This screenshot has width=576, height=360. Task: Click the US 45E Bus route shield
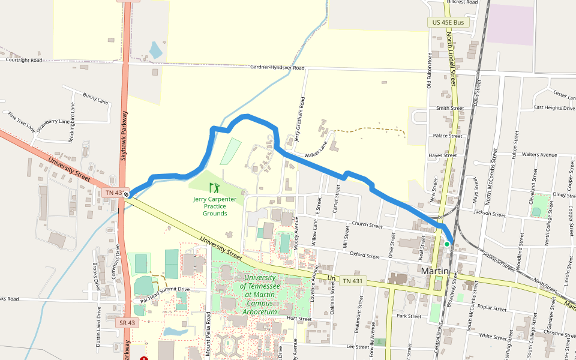pos(448,22)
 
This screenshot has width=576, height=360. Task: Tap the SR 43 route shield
pos(126,322)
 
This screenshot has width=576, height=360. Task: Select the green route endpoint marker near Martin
pos(447,244)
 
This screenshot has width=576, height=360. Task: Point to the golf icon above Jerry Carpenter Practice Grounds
pos(214,188)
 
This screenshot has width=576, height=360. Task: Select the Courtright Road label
pos(24,60)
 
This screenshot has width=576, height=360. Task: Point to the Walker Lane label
pos(317,151)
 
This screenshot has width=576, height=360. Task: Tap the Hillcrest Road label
pos(461,2)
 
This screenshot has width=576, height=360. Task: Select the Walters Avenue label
pos(540,154)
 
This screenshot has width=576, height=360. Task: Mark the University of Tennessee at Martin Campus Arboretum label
pos(260,295)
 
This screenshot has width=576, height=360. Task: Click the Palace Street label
pos(448,136)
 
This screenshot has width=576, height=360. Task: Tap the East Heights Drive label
pos(555,108)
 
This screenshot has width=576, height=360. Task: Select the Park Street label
pos(409,316)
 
